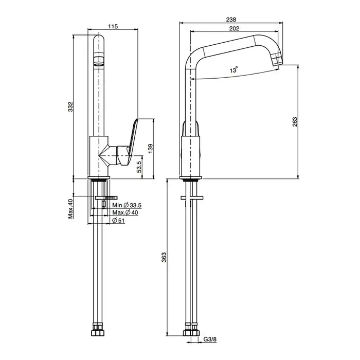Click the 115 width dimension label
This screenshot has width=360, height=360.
[x=113, y=26]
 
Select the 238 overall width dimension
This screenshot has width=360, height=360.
[x=231, y=20]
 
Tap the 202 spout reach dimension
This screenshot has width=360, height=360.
[x=234, y=28]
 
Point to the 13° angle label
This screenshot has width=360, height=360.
[x=234, y=69]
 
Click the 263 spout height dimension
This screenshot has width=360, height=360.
[x=295, y=122]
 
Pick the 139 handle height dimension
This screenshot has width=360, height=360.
[x=150, y=149]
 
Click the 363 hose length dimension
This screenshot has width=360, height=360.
[x=164, y=258]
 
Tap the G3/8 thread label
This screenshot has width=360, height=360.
[x=210, y=339]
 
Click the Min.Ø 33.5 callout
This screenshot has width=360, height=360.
[x=127, y=205]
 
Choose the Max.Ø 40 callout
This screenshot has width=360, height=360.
[x=125, y=212]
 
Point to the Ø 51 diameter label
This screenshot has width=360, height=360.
[x=118, y=221]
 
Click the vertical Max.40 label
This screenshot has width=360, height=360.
[x=70, y=209]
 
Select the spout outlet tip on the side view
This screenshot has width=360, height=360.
[x=277, y=60]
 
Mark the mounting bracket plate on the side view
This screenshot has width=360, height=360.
[x=192, y=197]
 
